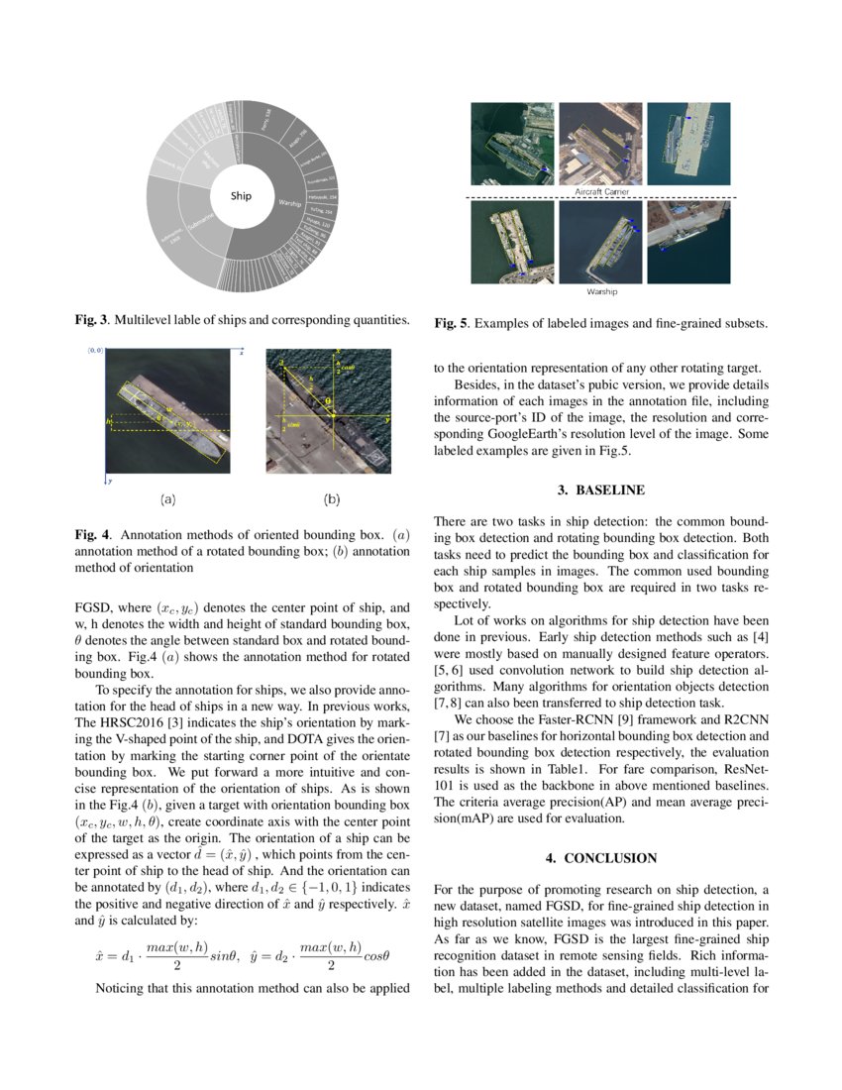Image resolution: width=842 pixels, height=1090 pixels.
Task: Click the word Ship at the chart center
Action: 242,196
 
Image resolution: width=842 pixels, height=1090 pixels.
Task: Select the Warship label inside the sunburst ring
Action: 290,204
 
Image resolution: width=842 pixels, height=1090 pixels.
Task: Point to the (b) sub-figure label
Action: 332,500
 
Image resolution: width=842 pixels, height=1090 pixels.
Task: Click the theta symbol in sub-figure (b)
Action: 328,401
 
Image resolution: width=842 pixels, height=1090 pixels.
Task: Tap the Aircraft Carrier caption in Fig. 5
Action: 602,189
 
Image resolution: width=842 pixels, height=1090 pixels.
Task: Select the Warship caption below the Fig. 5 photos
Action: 602,292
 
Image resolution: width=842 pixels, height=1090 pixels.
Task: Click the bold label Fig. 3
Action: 92,321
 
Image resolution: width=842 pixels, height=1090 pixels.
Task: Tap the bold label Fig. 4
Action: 92,534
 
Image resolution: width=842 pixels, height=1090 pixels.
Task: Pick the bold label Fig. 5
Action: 452,323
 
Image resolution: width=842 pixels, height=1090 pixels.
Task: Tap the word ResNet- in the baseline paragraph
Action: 743,767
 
